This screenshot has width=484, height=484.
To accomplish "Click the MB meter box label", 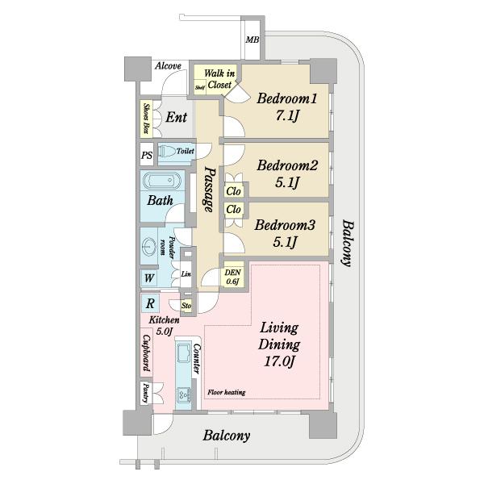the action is coord(252,40).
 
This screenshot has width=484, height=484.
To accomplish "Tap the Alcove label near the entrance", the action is coord(168,66).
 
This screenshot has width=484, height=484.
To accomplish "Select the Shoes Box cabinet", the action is coord(146,119).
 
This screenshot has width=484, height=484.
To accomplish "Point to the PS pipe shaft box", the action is coord(147,154).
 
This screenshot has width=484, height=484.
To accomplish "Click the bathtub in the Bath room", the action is coord(161,181).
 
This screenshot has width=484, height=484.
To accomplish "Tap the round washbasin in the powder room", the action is coord(150,247).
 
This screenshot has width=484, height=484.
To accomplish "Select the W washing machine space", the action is coord(149,278).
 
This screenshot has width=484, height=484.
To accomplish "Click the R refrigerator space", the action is coord(150,303).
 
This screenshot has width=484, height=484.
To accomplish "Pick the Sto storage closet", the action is coord(186,306).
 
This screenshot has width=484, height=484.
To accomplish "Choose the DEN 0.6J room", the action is coord(233,276).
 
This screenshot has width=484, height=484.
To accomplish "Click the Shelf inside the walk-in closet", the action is coord(200,88).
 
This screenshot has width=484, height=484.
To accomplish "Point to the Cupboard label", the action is coord(147,353).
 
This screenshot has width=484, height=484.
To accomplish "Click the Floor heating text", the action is coord(226,392).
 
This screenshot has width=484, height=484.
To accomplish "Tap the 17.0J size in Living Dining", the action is coord(278,361).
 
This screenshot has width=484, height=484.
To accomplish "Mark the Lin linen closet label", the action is coord(186,274).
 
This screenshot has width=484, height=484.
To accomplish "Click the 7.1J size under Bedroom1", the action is coord(287,115).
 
